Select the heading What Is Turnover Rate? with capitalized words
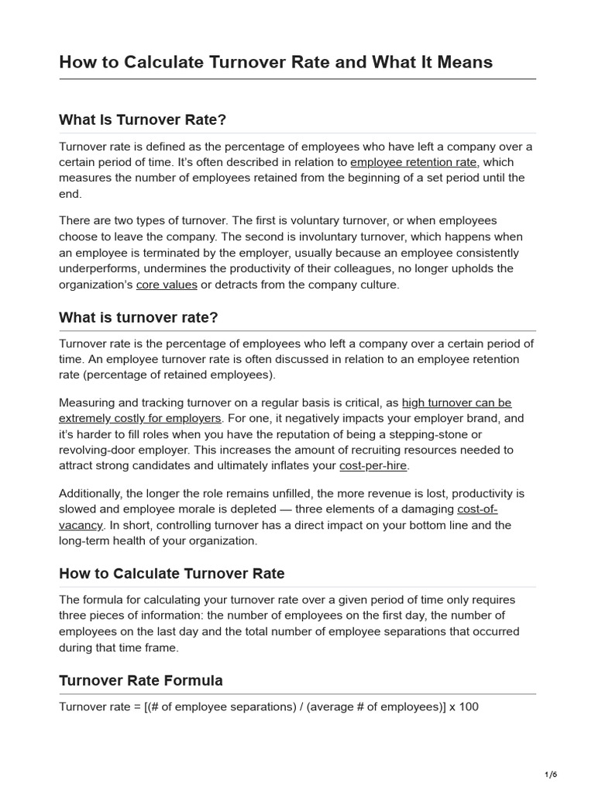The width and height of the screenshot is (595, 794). coord(142,120)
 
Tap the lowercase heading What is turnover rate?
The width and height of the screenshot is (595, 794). coord(138,318)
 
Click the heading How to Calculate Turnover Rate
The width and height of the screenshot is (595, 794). coord(171,574)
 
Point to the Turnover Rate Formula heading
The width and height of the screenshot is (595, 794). coord(140,681)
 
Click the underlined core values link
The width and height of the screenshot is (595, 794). coord(167,285)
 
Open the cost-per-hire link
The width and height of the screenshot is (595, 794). coord(373,465)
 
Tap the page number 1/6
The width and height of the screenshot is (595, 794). coord(551,775)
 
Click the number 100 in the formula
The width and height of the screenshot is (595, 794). coord(469,707)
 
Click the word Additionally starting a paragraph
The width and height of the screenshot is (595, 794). coord(94,494)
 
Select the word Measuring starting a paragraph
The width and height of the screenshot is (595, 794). coord(89,403)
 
